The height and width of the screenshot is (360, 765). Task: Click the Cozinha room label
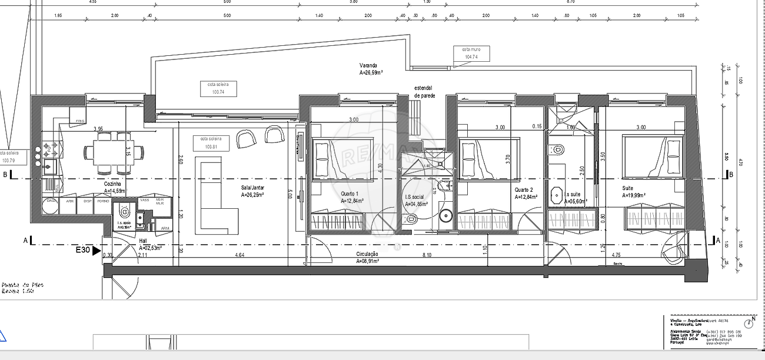112,184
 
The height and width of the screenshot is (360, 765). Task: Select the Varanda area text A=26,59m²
371,74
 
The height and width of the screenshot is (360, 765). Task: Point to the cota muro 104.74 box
470,54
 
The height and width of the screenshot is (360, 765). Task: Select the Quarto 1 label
351,194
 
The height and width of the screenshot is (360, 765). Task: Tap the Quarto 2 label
524,190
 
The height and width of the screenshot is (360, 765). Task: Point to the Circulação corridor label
368,254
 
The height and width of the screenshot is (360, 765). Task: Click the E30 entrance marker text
84,250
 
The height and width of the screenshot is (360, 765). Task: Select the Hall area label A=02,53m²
150,248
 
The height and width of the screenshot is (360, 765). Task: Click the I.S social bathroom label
414,197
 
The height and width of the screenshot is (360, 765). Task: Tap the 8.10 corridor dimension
427,255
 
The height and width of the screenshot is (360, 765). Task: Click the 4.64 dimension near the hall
240,255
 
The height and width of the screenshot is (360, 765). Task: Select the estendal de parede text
424,91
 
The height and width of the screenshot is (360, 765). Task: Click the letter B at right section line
731,175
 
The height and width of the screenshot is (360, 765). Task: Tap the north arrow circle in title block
748,324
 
